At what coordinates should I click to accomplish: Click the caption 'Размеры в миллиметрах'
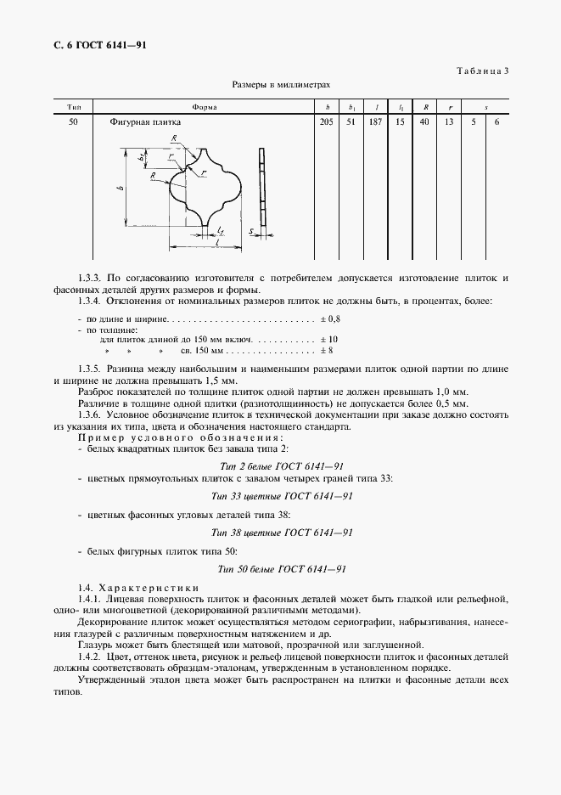(x=281, y=86)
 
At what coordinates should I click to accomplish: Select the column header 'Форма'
(x=205, y=108)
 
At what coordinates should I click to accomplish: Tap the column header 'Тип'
(x=74, y=108)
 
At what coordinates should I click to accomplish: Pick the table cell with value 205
(x=326, y=122)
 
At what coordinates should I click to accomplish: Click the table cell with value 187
(x=375, y=122)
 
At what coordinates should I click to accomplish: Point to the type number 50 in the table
(x=74, y=122)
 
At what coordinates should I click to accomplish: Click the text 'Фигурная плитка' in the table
(x=145, y=122)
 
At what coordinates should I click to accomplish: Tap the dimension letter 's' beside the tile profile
(x=251, y=230)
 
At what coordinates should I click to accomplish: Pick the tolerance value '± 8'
(x=327, y=350)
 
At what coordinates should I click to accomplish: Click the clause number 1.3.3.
(x=90, y=278)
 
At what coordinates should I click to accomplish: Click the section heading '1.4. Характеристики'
(x=137, y=588)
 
